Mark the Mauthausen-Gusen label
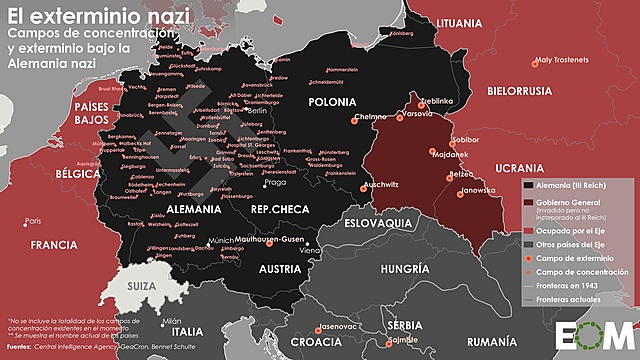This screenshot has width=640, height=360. pos(271,241)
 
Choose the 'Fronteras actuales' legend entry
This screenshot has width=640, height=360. pos(575,299)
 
